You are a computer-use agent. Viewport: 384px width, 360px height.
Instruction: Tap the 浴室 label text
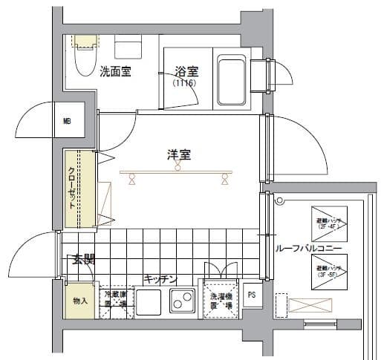point(186,72)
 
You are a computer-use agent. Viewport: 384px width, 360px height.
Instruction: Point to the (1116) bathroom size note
point(184,85)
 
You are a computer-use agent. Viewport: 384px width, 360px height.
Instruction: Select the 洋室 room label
point(178,155)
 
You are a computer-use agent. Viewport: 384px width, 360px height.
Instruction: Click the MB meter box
point(67,121)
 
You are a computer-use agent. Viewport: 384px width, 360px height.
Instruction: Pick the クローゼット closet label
point(72,189)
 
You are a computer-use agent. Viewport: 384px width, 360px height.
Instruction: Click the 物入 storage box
point(79,301)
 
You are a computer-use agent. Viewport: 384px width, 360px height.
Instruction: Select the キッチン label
point(160,279)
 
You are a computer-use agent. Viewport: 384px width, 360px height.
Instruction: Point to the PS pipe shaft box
point(251,294)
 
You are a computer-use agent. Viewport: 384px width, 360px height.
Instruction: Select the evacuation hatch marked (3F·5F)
point(327,271)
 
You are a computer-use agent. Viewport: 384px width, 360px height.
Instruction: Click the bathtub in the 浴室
point(232,79)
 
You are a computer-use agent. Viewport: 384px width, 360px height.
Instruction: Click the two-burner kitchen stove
point(182,302)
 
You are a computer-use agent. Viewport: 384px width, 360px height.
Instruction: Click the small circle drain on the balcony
point(279,200)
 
